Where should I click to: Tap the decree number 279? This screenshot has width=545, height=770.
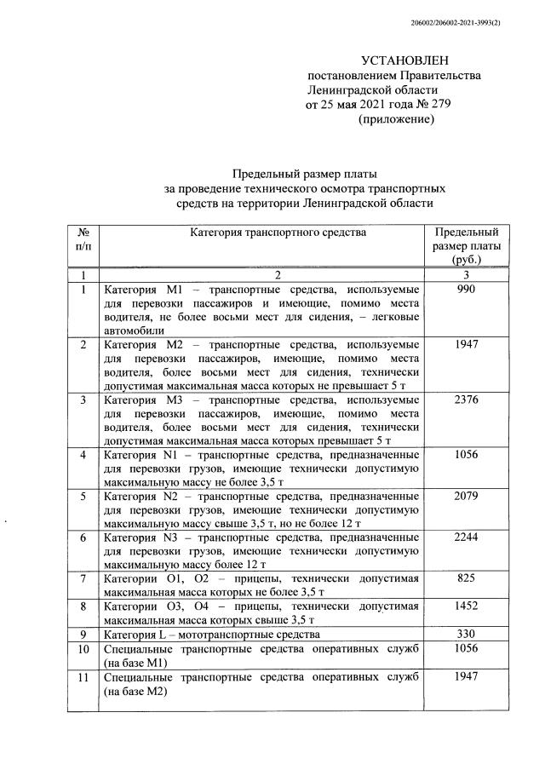tap(432, 105)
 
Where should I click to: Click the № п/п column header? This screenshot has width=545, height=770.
tap(83, 238)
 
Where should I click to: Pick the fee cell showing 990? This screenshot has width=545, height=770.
tap(466, 290)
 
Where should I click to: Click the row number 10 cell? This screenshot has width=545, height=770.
tap(83, 649)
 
